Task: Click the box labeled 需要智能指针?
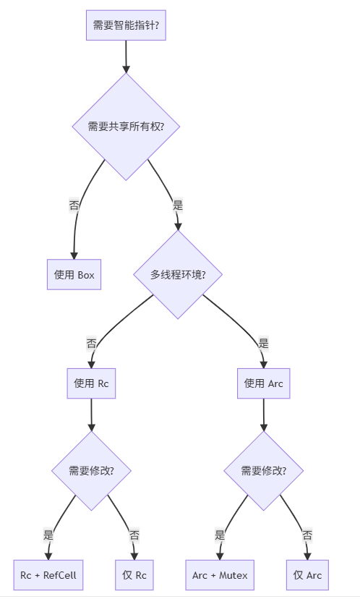[x=126, y=25]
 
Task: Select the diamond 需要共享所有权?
[x=126, y=127]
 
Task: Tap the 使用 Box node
[x=74, y=275]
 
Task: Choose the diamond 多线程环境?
[x=177, y=275]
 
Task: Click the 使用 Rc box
[x=91, y=383]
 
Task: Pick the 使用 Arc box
[x=263, y=383]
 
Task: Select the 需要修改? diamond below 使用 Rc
[x=91, y=471]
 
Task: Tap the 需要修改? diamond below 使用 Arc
[x=263, y=471]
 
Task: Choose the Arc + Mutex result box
[x=220, y=575]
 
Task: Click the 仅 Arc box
[x=307, y=575]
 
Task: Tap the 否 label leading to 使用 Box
[x=74, y=205]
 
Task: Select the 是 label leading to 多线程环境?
[x=178, y=205]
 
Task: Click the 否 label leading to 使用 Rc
[x=92, y=343]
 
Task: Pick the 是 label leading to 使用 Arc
[x=263, y=343]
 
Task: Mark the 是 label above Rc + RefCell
[x=48, y=535]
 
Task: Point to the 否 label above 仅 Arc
[x=307, y=535]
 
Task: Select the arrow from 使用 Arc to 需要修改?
[x=263, y=415]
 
